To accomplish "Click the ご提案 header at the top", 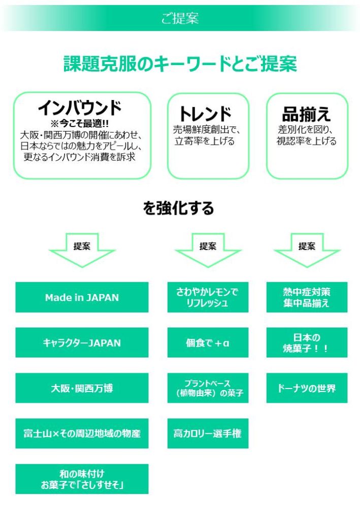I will tap(180, 18).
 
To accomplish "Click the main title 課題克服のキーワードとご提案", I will tap(180, 64).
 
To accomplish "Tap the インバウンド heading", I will tap(80, 108).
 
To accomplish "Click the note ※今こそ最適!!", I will tap(80, 123).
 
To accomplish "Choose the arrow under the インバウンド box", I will tap(82, 249).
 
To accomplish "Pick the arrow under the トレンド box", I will tap(208, 249).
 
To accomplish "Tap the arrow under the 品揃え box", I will tap(307, 249).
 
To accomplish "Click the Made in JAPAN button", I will tap(82, 298).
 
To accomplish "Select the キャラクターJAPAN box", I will tap(82, 343).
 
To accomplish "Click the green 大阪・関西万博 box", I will tap(82, 388).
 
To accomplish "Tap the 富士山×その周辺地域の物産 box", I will tap(82, 434).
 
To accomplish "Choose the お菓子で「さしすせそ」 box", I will tap(82, 479).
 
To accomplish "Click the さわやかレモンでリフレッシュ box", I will tap(208, 298).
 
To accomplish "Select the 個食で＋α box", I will tap(208, 343).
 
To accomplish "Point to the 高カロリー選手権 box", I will tap(208, 434).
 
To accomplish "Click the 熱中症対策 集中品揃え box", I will tap(307, 298).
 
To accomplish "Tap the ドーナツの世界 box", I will tap(307, 388).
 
